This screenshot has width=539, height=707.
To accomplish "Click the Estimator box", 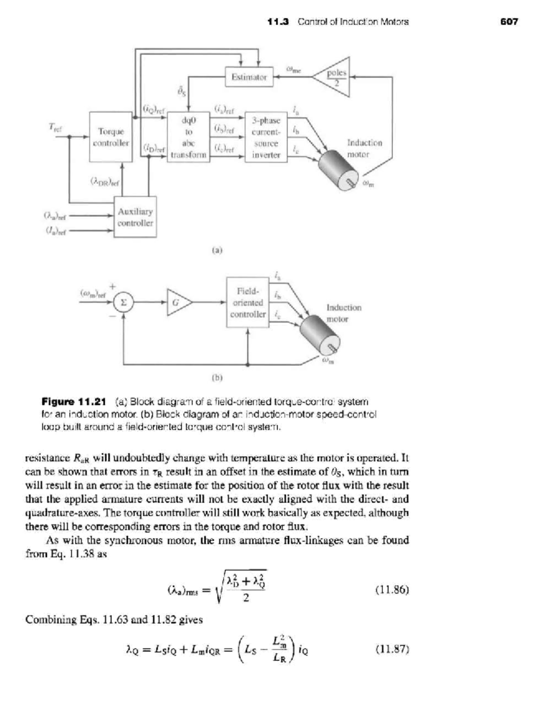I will coord(249,77).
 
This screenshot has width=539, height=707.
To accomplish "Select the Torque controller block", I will coord(110,137).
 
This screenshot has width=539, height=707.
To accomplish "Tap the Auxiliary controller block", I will coord(135,217).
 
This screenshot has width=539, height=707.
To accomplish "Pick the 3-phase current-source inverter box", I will coord(266,137).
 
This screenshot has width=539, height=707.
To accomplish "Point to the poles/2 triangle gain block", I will coord(335,77).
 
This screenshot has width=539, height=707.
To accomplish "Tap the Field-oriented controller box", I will coord(247,302).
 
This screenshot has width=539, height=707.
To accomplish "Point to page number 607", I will coord(509,22).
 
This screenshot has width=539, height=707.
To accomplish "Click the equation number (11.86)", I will coord(392,590).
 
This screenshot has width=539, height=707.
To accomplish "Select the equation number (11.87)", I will coord(392,649).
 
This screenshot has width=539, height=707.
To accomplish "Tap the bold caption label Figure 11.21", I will coord(74,401).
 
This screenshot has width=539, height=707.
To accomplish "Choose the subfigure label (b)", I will coord(217,378).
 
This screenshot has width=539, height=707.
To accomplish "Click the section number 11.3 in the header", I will coord(278,22).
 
